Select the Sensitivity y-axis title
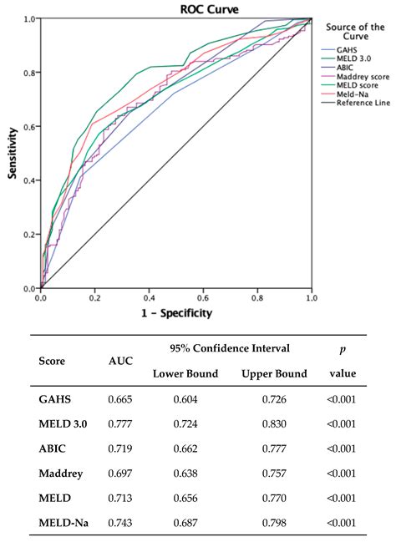click(x=12, y=154)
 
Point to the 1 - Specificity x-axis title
click(x=176, y=313)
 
